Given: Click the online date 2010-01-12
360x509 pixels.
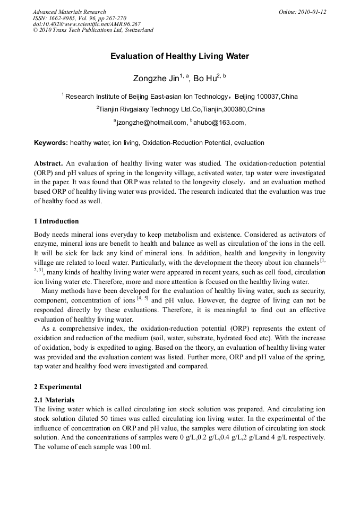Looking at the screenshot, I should pyautogui.click(x=312, y=12).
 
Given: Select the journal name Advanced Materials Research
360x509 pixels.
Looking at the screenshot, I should pyautogui.click(x=69, y=12).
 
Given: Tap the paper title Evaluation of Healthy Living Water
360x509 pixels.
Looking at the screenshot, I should pyautogui.click(x=179, y=56).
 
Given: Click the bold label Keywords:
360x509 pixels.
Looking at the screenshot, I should pyautogui.click(x=51, y=143).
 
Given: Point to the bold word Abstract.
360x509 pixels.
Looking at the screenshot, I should pyautogui.click(x=48, y=163).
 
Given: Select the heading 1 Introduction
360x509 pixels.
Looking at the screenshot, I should pyautogui.click(x=56, y=221).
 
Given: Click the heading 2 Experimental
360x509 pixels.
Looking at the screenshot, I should pyautogui.click(x=57, y=387).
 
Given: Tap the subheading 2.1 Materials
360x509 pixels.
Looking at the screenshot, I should pyautogui.click(x=54, y=400).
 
